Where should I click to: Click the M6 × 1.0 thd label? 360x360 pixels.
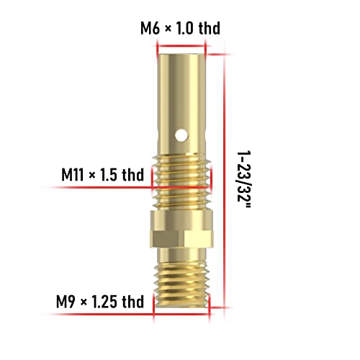(179, 28)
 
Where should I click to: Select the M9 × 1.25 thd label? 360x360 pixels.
(101, 300)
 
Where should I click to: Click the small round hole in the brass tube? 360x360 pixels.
(183, 132)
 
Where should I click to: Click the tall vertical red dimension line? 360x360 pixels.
(226, 180)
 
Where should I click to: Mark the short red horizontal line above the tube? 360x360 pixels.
(181, 43)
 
